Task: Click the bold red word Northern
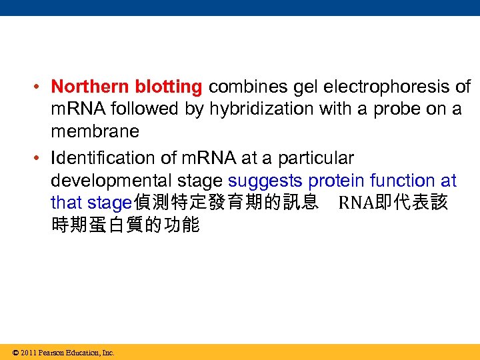pos(91,87)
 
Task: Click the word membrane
pos(95,131)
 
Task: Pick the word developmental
pos(137,181)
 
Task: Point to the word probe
pos(399,109)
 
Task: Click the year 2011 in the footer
pos(29,353)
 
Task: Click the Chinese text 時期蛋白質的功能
pos(125,225)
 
